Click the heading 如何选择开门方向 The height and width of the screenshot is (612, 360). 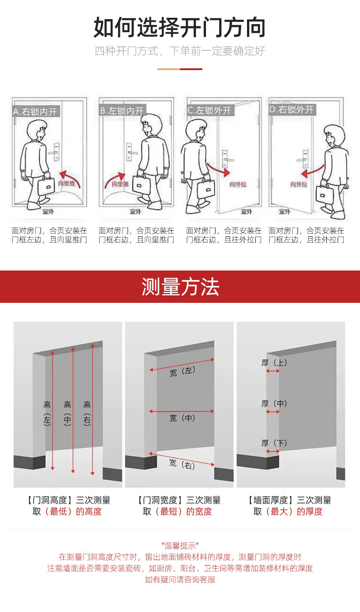(180, 28)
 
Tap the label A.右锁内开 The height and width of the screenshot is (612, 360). (36, 111)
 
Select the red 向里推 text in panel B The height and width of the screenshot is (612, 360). (120, 184)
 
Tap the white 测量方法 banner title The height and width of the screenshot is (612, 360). (180, 287)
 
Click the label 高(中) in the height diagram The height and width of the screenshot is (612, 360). (67, 413)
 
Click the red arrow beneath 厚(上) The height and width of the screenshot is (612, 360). (273, 371)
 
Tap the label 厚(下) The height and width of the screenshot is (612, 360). (274, 443)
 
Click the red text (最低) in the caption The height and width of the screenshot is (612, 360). (58, 511)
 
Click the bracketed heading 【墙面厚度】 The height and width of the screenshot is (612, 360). (272, 500)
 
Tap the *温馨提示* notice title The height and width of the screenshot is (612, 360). (180, 545)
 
